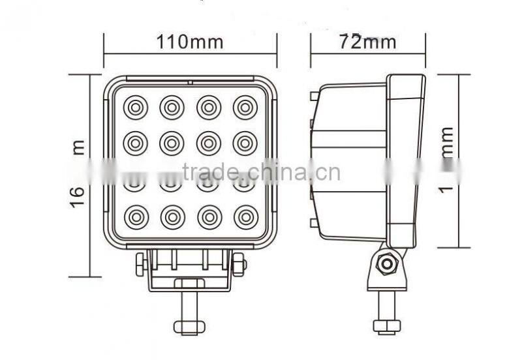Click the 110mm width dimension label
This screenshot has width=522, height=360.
(189, 42)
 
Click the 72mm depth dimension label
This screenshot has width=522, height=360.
(368, 42)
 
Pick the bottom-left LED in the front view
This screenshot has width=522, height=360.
(135, 216)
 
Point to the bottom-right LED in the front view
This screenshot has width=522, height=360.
(245, 216)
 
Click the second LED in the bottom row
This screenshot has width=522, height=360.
(172, 216)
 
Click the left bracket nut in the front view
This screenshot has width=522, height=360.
(140, 265)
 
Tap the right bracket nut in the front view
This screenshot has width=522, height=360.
(239, 265)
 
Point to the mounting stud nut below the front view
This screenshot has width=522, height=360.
(189, 326)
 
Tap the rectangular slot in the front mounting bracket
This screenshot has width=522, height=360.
(189, 283)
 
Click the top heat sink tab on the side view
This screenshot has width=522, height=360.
(315, 97)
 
